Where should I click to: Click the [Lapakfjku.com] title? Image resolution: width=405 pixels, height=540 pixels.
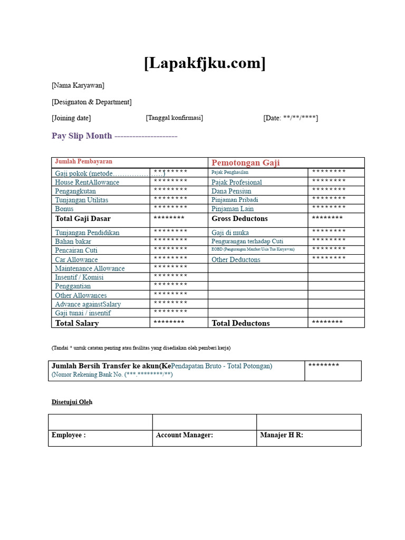tap(205, 63)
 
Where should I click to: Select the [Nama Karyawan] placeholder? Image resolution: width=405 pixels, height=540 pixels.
tap(78, 85)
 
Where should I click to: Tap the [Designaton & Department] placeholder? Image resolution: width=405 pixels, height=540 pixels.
tap(91, 102)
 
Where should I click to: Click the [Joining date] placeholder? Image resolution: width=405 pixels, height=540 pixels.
tap(71, 118)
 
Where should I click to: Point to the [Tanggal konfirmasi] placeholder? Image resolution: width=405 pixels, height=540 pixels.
tap(174, 118)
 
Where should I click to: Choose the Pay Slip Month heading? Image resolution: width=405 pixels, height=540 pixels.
tap(82, 136)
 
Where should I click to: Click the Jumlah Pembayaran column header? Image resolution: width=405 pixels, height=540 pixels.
tap(83, 162)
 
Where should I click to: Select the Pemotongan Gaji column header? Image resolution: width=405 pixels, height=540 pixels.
tap(245, 162)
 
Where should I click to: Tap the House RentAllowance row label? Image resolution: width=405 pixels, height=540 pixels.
tap(87, 182)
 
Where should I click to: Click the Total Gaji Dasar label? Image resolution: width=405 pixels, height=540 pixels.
tap(83, 218)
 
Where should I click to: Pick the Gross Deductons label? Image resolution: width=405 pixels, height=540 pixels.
tap(239, 218)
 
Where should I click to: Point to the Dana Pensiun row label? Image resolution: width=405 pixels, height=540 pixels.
tap(231, 191)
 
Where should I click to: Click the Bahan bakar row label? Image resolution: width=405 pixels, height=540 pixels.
tap(73, 241)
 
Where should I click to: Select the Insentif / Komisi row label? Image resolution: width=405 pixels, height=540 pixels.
tap(79, 277)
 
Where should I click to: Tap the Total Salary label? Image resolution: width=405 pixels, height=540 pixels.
tap(77, 323)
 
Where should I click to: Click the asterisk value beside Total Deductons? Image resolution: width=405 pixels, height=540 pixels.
tap(327, 322)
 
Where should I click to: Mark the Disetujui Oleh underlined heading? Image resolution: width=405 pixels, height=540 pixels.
tap(72, 402)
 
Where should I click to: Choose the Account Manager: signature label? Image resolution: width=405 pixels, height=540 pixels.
tap(184, 435)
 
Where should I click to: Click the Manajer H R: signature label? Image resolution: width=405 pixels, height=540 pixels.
tap(282, 435)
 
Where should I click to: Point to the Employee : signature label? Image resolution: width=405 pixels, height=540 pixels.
tap(68, 435)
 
